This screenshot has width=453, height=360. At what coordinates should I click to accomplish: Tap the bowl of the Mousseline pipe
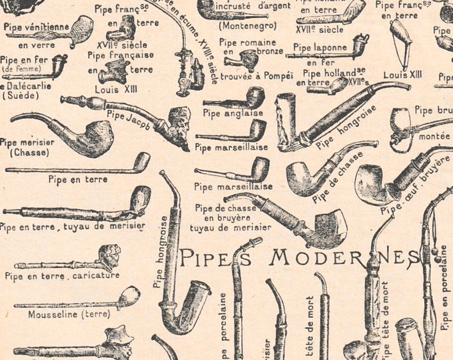pos(129,295)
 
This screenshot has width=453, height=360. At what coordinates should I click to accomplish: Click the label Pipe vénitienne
pos(37,27)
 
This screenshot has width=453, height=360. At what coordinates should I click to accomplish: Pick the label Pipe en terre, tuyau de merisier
pos(72,227)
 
